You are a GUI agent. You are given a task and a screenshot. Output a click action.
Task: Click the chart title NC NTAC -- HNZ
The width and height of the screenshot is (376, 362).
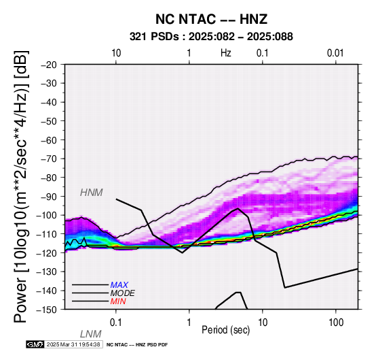(211, 19)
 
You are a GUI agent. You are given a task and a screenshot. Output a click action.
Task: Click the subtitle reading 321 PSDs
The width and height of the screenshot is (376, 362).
(154, 37)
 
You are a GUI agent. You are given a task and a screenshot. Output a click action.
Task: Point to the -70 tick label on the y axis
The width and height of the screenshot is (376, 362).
(49, 159)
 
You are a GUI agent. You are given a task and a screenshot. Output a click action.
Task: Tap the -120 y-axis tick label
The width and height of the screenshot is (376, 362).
(47, 253)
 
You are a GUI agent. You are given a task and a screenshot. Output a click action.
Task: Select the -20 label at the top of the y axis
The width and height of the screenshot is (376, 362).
(49, 65)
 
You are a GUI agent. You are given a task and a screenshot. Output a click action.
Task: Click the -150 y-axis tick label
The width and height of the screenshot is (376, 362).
(47, 310)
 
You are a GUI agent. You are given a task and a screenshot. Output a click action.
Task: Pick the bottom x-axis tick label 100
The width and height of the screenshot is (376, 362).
(336, 323)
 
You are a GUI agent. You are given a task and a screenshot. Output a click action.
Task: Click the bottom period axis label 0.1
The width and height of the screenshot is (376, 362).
(116, 323)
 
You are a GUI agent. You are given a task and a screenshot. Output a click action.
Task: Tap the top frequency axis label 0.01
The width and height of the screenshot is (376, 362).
(335, 53)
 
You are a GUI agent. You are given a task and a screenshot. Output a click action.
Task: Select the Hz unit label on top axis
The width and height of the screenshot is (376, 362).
(225, 53)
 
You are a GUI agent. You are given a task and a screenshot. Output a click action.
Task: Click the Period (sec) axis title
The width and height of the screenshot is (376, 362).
(225, 330)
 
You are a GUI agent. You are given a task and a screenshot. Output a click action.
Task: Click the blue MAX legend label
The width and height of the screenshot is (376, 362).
(119, 285)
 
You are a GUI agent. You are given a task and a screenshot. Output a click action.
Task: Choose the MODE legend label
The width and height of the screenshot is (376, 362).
(123, 293)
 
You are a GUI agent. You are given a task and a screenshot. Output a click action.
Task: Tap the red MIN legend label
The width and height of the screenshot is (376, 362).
(118, 301)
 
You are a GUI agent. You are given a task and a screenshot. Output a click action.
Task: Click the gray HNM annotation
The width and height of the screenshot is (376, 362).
(92, 193)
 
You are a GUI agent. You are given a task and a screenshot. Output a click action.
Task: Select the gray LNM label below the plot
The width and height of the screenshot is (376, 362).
(91, 334)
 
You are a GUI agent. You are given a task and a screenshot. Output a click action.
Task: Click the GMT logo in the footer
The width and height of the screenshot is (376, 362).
(35, 344)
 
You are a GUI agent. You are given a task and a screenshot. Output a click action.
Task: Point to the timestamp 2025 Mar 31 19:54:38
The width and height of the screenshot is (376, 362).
(73, 344)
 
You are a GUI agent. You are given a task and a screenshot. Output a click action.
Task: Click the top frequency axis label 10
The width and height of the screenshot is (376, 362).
(116, 53)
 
